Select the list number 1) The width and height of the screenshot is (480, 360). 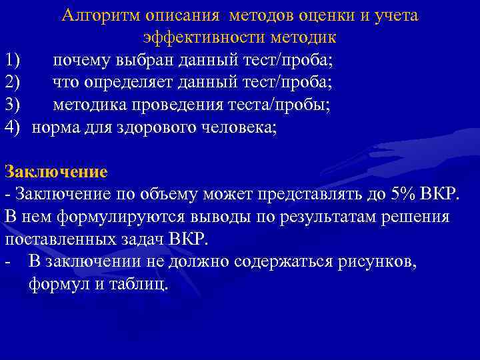click(14, 61)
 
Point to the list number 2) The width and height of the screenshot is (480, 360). click(14, 83)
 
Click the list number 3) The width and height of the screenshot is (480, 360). click(14, 105)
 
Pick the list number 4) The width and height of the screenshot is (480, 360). click(14, 127)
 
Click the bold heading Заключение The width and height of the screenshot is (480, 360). click(56, 171)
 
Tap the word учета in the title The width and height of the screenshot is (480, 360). click(395, 15)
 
